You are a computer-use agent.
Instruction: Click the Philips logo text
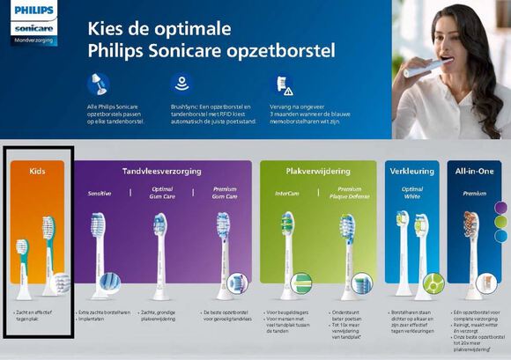(x=33, y=11)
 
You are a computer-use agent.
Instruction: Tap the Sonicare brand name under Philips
(x=33, y=28)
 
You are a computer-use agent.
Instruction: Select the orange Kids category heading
(x=37, y=170)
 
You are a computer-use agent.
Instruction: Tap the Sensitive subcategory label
(x=99, y=193)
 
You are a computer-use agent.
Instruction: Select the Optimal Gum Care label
(x=161, y=192)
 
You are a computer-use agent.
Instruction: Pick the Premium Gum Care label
(x=225, y=192)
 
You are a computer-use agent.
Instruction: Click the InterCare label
(x=286, y=193)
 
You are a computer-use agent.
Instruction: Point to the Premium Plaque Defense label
(x=349, y=192)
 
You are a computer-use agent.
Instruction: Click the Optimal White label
(x=412, y=192)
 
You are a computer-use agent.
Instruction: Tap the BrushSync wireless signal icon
(x=181, y=84)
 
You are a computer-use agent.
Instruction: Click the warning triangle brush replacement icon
(x=282, y=84)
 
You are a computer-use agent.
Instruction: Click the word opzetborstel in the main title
(x=285, y=51)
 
